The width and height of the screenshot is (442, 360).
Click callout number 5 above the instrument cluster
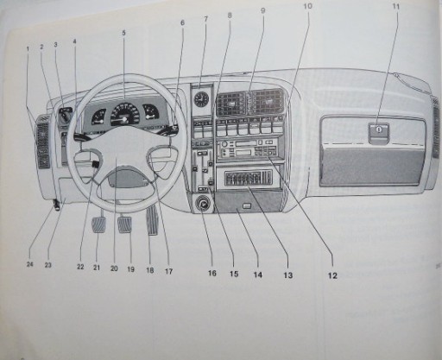point(123,33)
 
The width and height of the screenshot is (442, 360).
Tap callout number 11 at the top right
point(396,6)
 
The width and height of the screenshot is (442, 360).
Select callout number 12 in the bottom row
point(332,275)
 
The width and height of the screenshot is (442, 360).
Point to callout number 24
point(30,264)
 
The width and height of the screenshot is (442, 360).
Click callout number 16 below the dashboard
point(212,273)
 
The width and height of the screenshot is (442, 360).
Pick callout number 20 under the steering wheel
point(114,268)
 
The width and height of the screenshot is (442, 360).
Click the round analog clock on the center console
point(201,99)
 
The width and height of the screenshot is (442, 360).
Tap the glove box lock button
point(379,130)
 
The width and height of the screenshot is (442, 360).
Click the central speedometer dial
point(125,114)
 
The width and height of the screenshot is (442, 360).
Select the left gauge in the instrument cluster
point(99,117)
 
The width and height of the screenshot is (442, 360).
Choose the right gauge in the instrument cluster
point(151,112)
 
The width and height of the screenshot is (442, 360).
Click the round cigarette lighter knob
point(203,204)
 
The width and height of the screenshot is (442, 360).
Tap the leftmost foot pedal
point(98,226)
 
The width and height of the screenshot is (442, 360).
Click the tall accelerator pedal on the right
point(153,220)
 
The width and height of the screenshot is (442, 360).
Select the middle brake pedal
point(124,224)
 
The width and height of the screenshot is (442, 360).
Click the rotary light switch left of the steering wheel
point(66,117)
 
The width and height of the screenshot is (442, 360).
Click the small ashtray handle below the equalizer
point(247,206)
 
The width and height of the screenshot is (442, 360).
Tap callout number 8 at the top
point(230,15)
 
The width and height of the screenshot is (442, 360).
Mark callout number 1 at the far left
point(28,49)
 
